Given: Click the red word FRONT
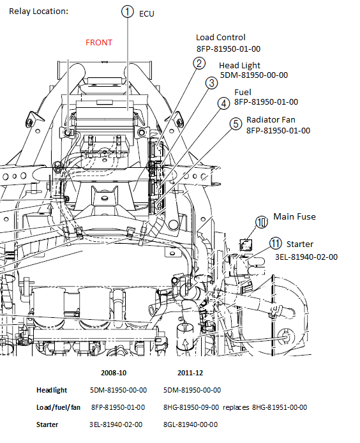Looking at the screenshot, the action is point(99,42).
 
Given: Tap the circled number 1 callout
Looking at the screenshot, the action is point(128,11).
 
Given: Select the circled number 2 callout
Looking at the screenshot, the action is point(199,63).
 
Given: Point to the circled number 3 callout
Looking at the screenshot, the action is point(212,83).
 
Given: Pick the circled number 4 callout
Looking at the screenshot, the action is point(223,103).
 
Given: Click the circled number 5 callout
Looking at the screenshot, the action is point(236,124).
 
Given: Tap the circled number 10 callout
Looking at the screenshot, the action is point(262,222).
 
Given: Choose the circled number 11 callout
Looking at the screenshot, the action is point(276,243).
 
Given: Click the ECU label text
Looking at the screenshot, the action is point(147,14).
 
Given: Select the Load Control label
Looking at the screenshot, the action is point(221,37).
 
